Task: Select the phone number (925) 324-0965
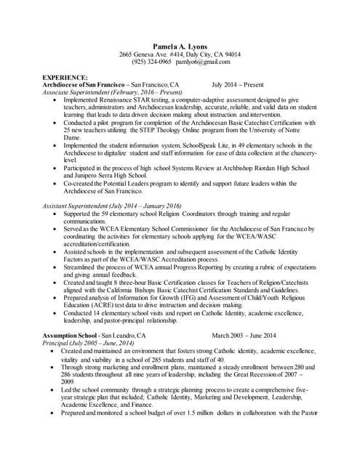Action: (x=152, y=62)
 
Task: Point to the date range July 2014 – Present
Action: (x=237, y=85)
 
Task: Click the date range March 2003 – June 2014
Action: (x=244, y=335)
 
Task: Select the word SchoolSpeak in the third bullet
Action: (x=215, y=146)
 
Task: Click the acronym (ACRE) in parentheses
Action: (x=102, y=305)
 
